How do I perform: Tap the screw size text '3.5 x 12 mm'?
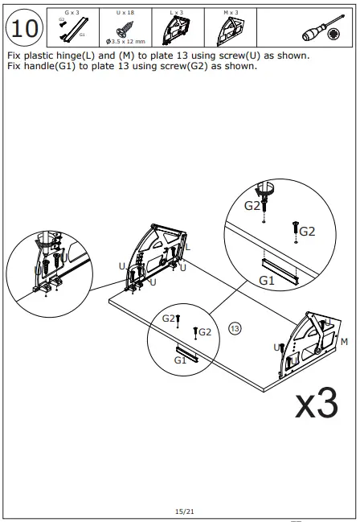pos(125,41)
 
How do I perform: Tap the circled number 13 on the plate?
pos(235,328)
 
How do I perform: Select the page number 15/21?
pos(183,511)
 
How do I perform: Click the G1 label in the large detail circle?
pos(267,281)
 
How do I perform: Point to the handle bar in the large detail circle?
pos(279,269)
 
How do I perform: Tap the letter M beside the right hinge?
pos(344,343)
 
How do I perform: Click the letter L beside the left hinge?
pos(188,248)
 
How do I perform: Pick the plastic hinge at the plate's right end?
pos(309,341)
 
